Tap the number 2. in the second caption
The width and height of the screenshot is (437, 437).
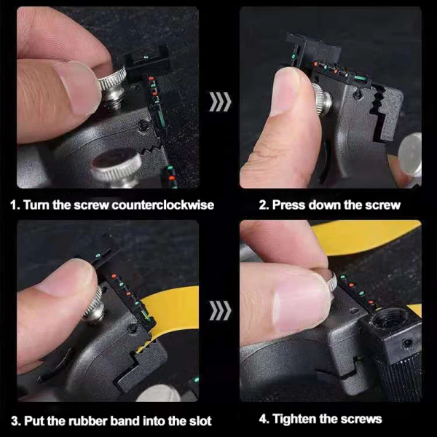click(x=264, y=205)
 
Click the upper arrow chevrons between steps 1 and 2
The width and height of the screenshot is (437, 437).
click(x=219, y=101)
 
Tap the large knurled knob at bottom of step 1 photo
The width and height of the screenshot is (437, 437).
click(x=117, y=167)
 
